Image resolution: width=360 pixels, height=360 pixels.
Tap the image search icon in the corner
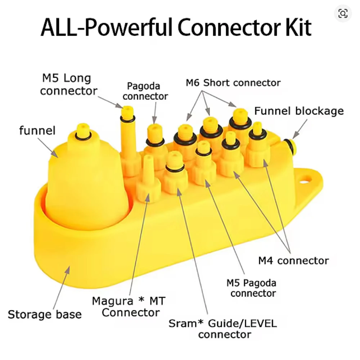(x=343, y=14)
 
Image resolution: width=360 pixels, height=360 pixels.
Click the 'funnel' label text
(x=37, y=130)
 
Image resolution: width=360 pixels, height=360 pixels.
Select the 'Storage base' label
(x=45, y=314)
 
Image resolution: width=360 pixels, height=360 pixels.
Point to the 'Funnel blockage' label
(x=299, y=111)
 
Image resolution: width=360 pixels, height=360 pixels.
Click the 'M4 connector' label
(x=293, y=261)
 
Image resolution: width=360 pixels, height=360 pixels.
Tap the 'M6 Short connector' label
(x=233, y=83)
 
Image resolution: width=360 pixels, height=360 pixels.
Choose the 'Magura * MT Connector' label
(x=129, y=306)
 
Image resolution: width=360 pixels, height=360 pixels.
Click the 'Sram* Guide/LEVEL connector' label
(x=223, y=329)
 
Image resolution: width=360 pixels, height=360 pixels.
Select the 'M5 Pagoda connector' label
(x=251, y=288)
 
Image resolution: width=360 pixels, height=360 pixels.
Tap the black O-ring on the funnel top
(x=83, y=136)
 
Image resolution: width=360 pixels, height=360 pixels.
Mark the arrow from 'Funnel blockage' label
(x=300, y=129)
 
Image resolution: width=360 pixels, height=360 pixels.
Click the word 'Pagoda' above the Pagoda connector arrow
(x=144, y=86)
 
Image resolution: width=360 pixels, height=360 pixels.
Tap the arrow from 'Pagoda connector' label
(x=155, y=113)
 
